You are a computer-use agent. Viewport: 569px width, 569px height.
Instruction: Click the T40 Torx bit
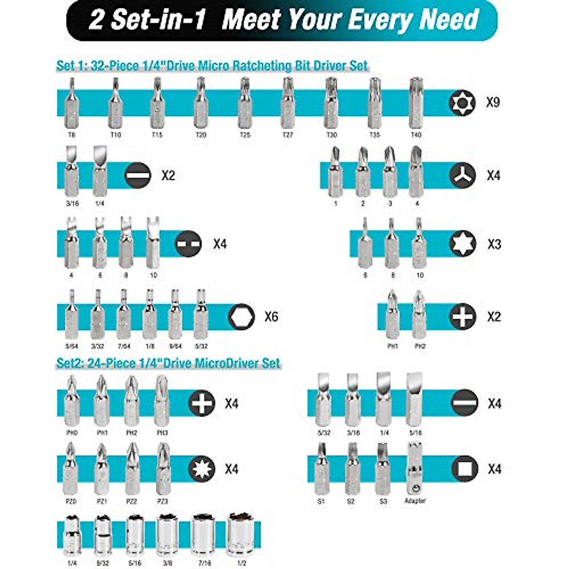(x=416, y=103)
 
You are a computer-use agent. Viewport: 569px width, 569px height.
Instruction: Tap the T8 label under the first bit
(x=72, y=135)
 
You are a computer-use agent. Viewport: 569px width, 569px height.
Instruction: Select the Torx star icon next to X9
(x=462, y=102)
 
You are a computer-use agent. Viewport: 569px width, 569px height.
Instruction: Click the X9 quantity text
(x=493, y=102)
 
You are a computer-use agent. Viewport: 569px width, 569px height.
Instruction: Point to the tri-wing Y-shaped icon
(x=462, y=175)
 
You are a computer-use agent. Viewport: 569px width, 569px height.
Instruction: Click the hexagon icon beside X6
(x=241, y=316)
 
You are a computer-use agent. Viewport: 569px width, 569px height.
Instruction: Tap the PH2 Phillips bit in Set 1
(x=419, y=315)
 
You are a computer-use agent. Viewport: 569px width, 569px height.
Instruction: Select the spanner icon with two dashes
(x=189, y=244)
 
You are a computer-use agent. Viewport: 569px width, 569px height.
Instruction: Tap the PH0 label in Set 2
(x=72, y=433)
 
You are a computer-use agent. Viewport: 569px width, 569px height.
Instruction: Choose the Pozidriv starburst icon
(x=202, y=469)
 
